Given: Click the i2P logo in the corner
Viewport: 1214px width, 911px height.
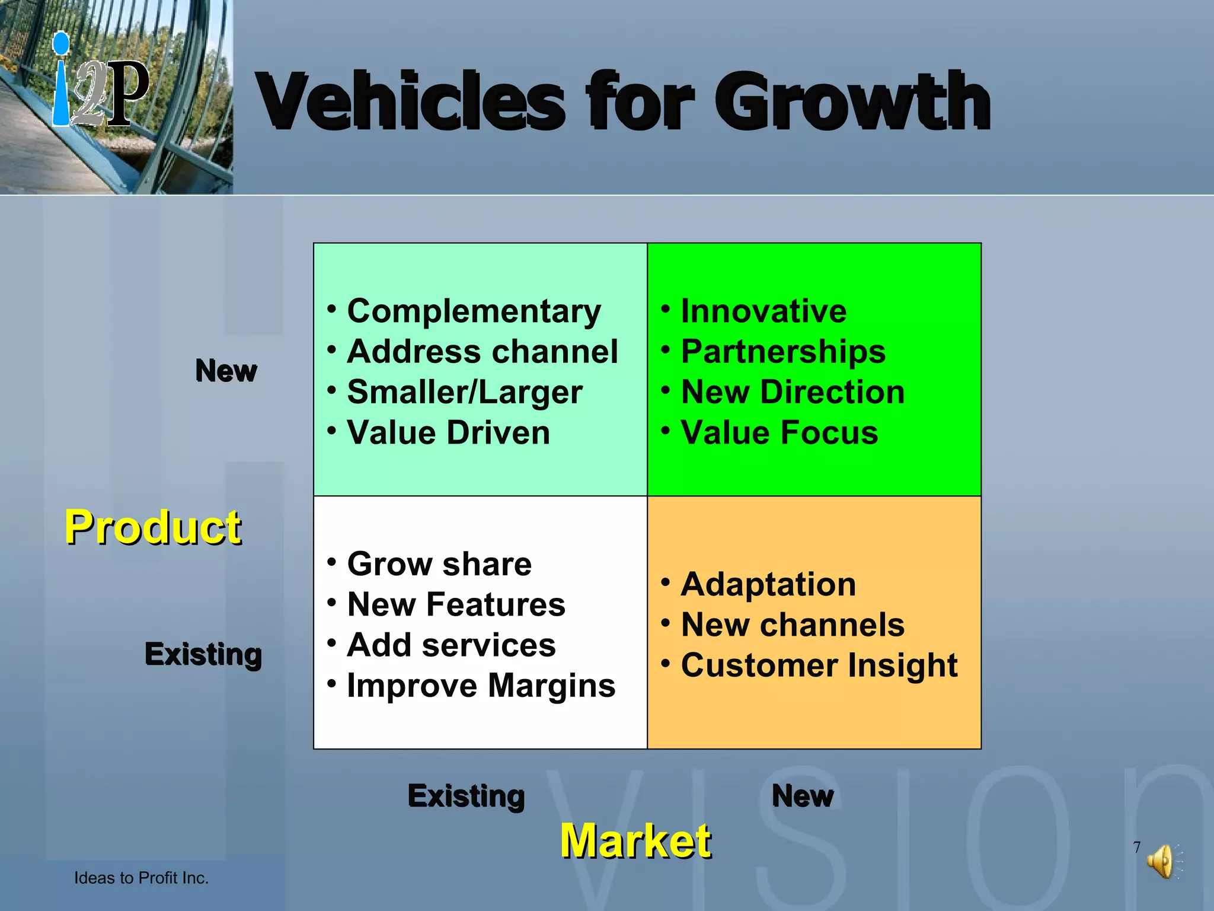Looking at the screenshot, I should tap(101, 83).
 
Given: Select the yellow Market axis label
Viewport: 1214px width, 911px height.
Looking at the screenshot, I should tap(635, 840).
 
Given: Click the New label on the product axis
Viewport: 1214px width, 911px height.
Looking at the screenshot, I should tap(226, 371).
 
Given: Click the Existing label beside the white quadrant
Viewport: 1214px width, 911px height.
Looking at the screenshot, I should tap(203, 654).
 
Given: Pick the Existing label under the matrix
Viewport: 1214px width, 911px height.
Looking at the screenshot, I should tap(466, 796).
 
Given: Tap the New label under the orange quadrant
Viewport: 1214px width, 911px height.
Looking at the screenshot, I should tap(803, 796).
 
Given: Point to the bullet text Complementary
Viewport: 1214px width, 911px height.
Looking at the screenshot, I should tap(474, 311).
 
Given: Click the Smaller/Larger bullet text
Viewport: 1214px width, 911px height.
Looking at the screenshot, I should tap(465, 392).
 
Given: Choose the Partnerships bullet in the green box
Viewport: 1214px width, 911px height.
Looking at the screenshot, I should tap(783, 352).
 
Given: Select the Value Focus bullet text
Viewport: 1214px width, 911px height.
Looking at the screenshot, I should tap(779, 432).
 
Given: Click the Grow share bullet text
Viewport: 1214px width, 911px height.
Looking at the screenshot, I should tap(439, 563).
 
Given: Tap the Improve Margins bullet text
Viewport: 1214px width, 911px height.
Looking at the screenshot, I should tap(481, 686).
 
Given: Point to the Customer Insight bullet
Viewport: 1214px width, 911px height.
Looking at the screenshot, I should tap(819, 665).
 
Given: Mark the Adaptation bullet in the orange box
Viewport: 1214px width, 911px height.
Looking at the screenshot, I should tap(768, 584).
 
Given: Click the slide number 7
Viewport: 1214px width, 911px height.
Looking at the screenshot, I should tap(1137, 847).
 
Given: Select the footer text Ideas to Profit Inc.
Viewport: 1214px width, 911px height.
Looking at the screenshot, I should tap(141, 878).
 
